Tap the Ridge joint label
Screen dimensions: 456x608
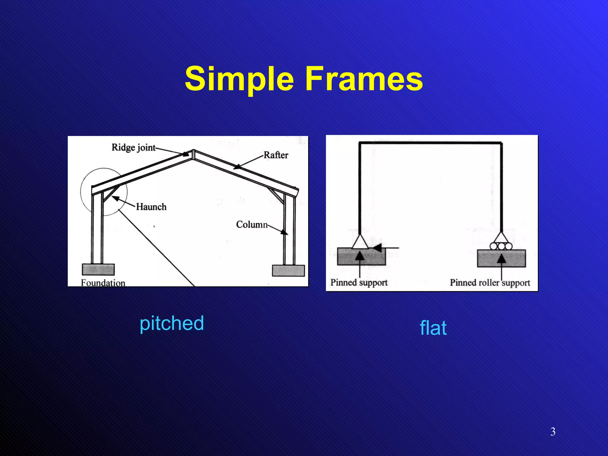[x=133, y=147]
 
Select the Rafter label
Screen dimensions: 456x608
[x=276, y=155]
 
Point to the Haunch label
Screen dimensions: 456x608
[x=151, y=207]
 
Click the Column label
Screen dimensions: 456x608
[x=252, y=224]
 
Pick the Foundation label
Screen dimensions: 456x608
[x=103, y=283]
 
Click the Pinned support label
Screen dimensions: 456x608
[x=359, y=282]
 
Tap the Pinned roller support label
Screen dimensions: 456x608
[x=490, y=283]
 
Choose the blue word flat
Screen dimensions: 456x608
[x=433, y=328]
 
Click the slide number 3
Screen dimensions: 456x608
[x=553, y=431]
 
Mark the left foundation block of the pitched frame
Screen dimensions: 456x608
[x=98, y=270]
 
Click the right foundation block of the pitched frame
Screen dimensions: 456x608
[x=288, y=270]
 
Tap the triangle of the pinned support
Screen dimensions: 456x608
[x=360, y=242]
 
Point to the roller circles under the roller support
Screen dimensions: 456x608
[x=501, y=246]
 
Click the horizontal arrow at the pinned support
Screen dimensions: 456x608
[x=386, y=248]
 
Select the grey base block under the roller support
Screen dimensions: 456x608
[x=501, y=258]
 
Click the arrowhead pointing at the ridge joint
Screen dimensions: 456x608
[x=186, y=154]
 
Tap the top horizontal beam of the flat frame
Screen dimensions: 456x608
[x=430, y=143]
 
